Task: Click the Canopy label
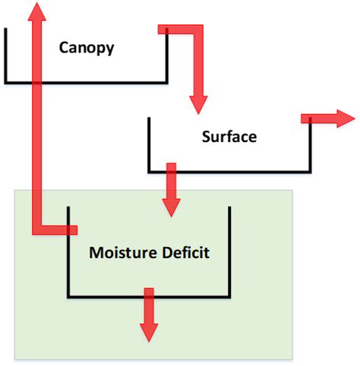click(x=87, y=48)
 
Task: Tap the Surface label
click(x=229, y=137)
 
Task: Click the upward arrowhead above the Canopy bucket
click(x=35, y=11)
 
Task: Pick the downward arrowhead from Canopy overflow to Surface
click(x=197, y=104)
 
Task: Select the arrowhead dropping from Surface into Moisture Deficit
click(x=172, y=205)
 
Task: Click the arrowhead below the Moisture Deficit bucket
click(x=149, y=331)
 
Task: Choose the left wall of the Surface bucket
click(x=148, y=144)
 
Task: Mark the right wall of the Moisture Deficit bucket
click(x=230, y=251)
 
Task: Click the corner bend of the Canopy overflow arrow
click(x=197, y=30)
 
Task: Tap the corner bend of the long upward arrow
click(x=36, y=229)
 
